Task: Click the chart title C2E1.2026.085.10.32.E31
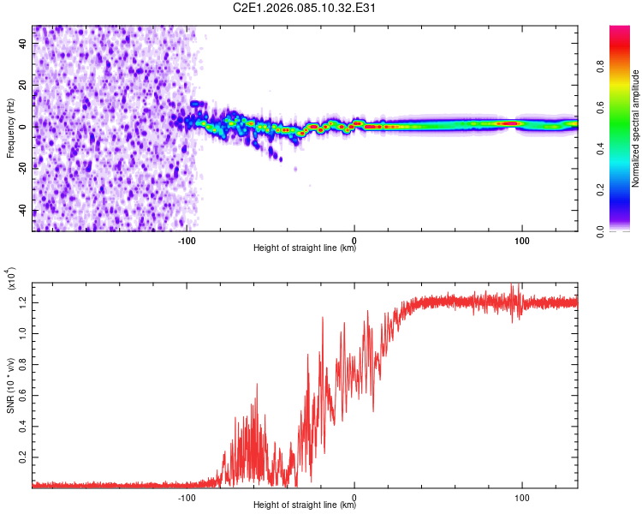(x=305, y=9)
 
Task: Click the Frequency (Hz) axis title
(x=10, y=128)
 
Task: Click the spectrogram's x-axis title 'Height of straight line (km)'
(x=305, y=248)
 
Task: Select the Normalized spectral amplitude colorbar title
(x=635, y=128)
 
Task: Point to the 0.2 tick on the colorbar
(x=624, y=190)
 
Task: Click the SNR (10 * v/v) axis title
(x=10, y=382)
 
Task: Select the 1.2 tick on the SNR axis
(x=23, y=302)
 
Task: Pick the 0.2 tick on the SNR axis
(x=23, y=457)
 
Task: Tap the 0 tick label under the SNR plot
(x=354, y=496)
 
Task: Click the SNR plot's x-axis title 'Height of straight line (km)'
(x=305, y=506)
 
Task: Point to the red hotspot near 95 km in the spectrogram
(x=510, y=123)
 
